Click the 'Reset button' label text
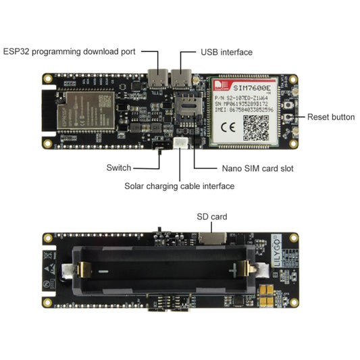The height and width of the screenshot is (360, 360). point(331,117)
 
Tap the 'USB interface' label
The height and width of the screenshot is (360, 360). point(226,52)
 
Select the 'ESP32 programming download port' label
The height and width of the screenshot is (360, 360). point(70,51)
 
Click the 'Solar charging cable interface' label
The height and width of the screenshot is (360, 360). point(179,186)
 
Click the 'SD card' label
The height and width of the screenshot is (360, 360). point(211,217)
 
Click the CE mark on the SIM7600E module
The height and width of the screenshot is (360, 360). point(228,125)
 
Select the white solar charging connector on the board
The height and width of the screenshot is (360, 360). point(181,143)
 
